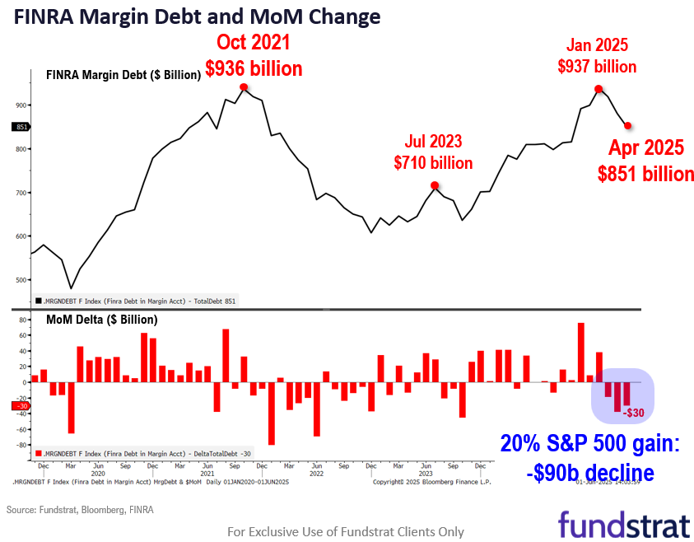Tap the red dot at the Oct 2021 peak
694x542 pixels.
pos(244,86)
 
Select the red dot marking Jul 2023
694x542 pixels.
pos(435,185)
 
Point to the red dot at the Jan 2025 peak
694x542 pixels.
pos(599,89)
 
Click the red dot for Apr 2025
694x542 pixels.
pos(628,125)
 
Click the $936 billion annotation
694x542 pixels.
pos(254,68)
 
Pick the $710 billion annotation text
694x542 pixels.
pos(433,162)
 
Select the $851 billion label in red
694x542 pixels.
pos(645,174)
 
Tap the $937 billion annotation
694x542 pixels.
pos(597,66)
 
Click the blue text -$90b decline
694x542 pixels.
pos(589,473)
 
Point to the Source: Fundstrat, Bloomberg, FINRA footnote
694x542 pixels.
pos(80,510)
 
